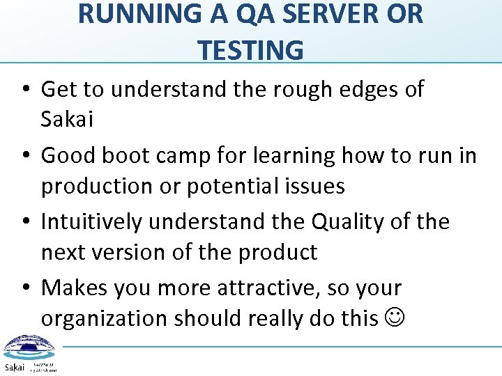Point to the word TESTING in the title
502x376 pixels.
coord(250,50)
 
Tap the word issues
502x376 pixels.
coord(319,186)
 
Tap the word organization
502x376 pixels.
coord(104,318)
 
